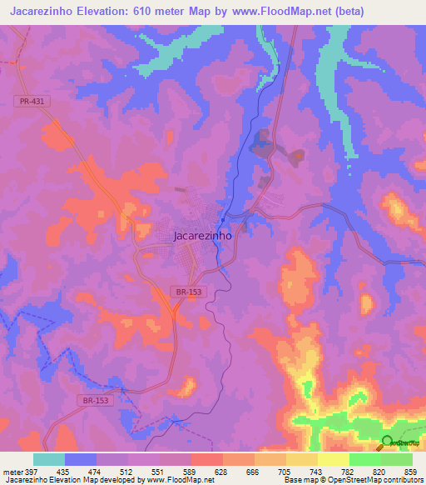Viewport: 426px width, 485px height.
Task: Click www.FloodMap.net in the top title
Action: pyautogui.click(x=282, y=12)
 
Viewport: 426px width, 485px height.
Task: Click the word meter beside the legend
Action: pyautogui.click(x=10, y=471)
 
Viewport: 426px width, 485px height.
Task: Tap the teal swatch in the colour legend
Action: pyautogui.click(x=49, y=459)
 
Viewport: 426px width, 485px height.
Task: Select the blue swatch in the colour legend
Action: pyautogui.click(x=81, y=459)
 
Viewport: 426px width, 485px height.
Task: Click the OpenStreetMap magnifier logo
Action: pyautogui.click(x=387, y=442)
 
